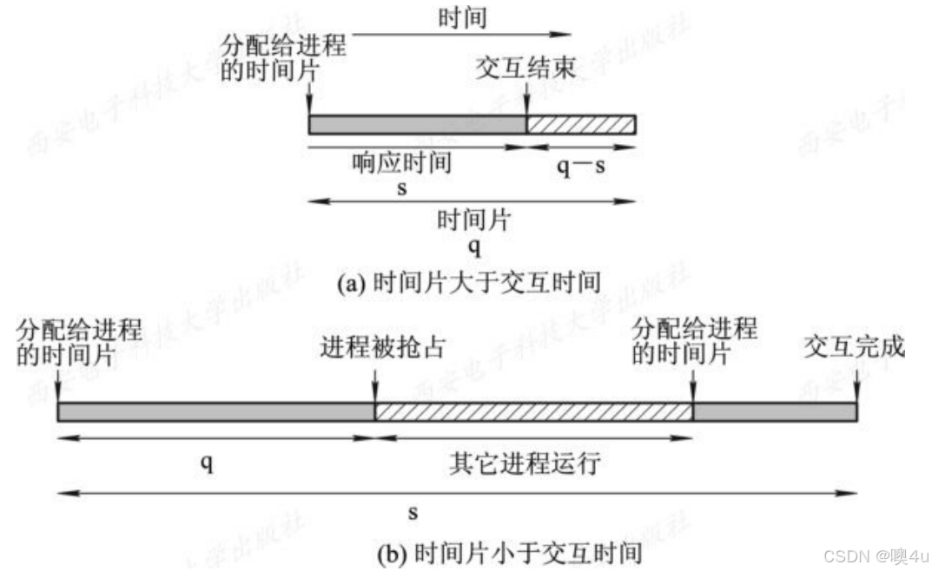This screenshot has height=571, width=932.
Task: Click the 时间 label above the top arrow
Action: tap(462, 17)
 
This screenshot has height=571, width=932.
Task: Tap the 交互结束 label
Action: tap(526, 68)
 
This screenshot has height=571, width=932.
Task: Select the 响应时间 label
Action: tap(402, 162)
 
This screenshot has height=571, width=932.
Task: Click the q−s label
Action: tap(581, 166)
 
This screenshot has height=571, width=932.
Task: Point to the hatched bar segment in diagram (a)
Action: tap(581, 125)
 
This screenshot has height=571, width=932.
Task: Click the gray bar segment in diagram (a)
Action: tap(417, 125)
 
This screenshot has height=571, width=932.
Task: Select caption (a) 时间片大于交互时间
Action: tap(469, 283)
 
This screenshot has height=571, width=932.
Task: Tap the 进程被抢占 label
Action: tap(382, 347)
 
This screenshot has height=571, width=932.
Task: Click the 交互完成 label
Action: tap(854, 346)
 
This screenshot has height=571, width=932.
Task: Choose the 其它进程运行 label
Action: tap(525, 463)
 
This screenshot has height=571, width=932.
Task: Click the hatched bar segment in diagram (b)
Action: tap(534, 412)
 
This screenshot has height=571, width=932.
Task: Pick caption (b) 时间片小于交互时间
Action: tap(509, 554)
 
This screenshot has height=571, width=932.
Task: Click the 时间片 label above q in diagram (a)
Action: tap(473, 220)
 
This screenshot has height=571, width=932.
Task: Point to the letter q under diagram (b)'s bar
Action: tap(206, 462)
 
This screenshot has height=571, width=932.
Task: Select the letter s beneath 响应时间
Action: tap(402, 189)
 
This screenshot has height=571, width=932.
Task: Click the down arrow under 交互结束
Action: tap(526, 99)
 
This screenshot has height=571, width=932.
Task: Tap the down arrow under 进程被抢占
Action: tap(375, 386)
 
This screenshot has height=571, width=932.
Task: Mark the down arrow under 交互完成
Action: tap(856, 386)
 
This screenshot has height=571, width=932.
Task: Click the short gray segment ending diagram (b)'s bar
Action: tap(775, 412)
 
